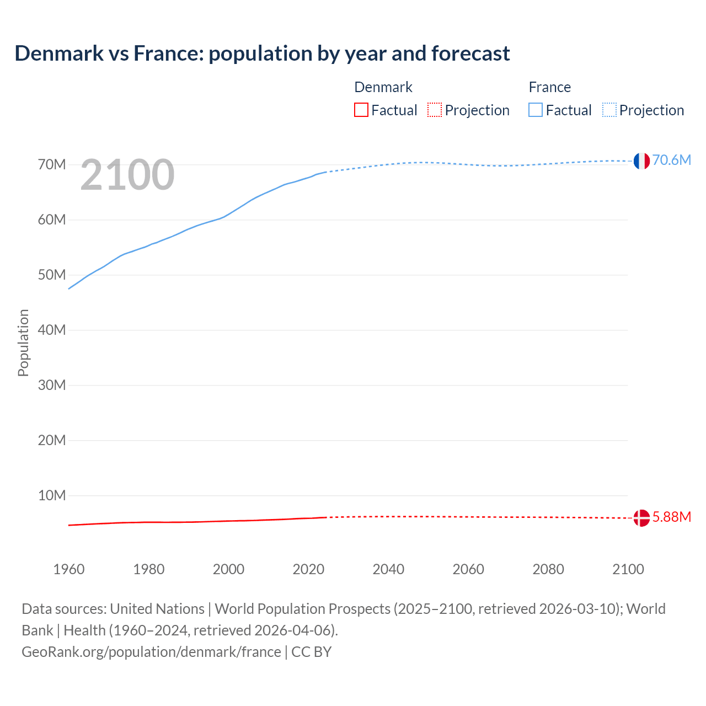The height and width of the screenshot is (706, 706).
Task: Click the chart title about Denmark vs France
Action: point(262,54)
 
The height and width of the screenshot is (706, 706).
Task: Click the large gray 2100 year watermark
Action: point(127,175)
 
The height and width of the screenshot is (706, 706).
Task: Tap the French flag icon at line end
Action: point(641,161)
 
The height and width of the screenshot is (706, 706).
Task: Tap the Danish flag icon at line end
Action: point(641,518)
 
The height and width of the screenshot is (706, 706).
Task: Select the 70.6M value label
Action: point(671,160)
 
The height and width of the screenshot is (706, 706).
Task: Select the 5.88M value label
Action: point(671,517)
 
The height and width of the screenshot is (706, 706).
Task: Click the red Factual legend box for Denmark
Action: point(361,110)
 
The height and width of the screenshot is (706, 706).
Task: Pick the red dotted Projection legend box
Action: point(435,110)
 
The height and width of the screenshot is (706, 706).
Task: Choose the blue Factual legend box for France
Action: point(536,110)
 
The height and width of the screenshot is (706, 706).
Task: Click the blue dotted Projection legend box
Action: point(609,110)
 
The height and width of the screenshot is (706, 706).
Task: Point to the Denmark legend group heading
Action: point(383,87)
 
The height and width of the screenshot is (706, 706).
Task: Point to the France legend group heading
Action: point(549,87)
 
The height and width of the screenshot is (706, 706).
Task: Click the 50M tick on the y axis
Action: point(52,275)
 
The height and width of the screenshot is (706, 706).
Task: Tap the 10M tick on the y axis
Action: point(52,495)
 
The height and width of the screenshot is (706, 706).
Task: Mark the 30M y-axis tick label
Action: point(52,385)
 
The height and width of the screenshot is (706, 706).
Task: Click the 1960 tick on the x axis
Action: point(69,569)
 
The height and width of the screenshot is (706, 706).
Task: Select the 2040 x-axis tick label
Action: point(388,569)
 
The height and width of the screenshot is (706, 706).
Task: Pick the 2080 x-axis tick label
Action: point(548,569)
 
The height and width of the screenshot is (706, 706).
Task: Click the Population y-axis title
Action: point(23,343)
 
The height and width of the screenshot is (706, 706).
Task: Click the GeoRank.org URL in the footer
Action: point(151,652)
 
